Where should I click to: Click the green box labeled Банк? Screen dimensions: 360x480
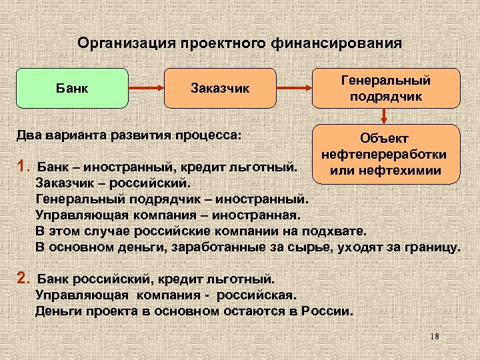(72, 87)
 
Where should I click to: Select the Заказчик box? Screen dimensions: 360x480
(220, 87)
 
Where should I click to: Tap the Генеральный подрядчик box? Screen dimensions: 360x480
(386, 87)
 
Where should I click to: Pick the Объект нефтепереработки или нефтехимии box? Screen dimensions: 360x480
(386, 154)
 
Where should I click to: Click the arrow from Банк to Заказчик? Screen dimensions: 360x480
(146, 87)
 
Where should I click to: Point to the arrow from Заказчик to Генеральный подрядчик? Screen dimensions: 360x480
(294, 87)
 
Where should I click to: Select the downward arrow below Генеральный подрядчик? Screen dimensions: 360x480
(386, 116)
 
